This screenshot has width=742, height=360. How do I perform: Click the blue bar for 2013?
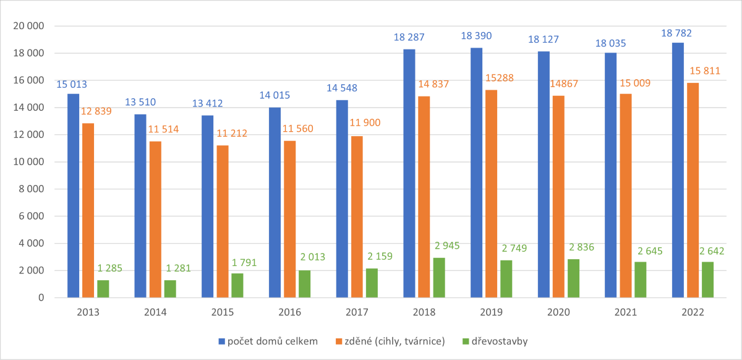[x=74, y=195]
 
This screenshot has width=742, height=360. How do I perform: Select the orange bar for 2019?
[x=491, y=194]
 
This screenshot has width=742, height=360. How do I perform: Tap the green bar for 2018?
[x=438, y=278]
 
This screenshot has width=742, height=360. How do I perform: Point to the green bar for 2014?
[x=170, y=289]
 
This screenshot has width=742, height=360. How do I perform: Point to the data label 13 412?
[x=208, y=103]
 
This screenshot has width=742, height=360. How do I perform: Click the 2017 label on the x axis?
[x=357, y=312]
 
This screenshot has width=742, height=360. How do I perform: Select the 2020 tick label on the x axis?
[x=559, y=312]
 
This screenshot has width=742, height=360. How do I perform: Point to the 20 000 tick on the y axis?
[x=28, y=26]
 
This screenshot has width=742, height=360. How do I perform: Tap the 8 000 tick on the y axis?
[x=31, y=189]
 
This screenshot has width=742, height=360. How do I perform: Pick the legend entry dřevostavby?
[x=498, y=341]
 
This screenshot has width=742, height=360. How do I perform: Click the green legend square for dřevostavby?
[x=466, y=341]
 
